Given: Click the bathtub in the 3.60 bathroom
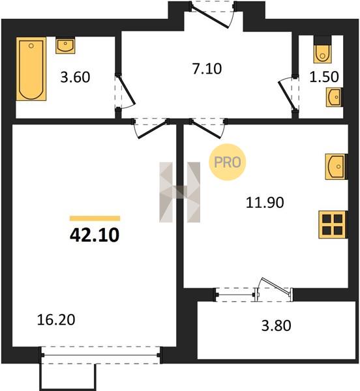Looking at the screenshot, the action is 31,69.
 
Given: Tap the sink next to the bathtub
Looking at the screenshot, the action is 65,45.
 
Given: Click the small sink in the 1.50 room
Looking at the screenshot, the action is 335,97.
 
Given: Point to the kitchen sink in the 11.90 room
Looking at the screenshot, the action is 336,167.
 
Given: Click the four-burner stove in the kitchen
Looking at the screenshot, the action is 333,225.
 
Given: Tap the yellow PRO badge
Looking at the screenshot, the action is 227,162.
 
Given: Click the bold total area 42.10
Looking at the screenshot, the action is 95,235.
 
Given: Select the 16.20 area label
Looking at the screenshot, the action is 56,320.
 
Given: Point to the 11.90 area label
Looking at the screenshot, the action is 265,202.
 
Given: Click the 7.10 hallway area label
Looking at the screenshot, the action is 207,69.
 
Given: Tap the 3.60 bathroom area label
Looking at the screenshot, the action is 75,77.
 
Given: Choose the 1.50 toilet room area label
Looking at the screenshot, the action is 324,77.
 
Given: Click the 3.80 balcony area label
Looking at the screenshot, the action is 276,326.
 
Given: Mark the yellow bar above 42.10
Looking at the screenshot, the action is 95,218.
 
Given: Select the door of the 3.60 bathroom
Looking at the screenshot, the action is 125,92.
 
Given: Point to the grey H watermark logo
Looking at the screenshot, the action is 179,192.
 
